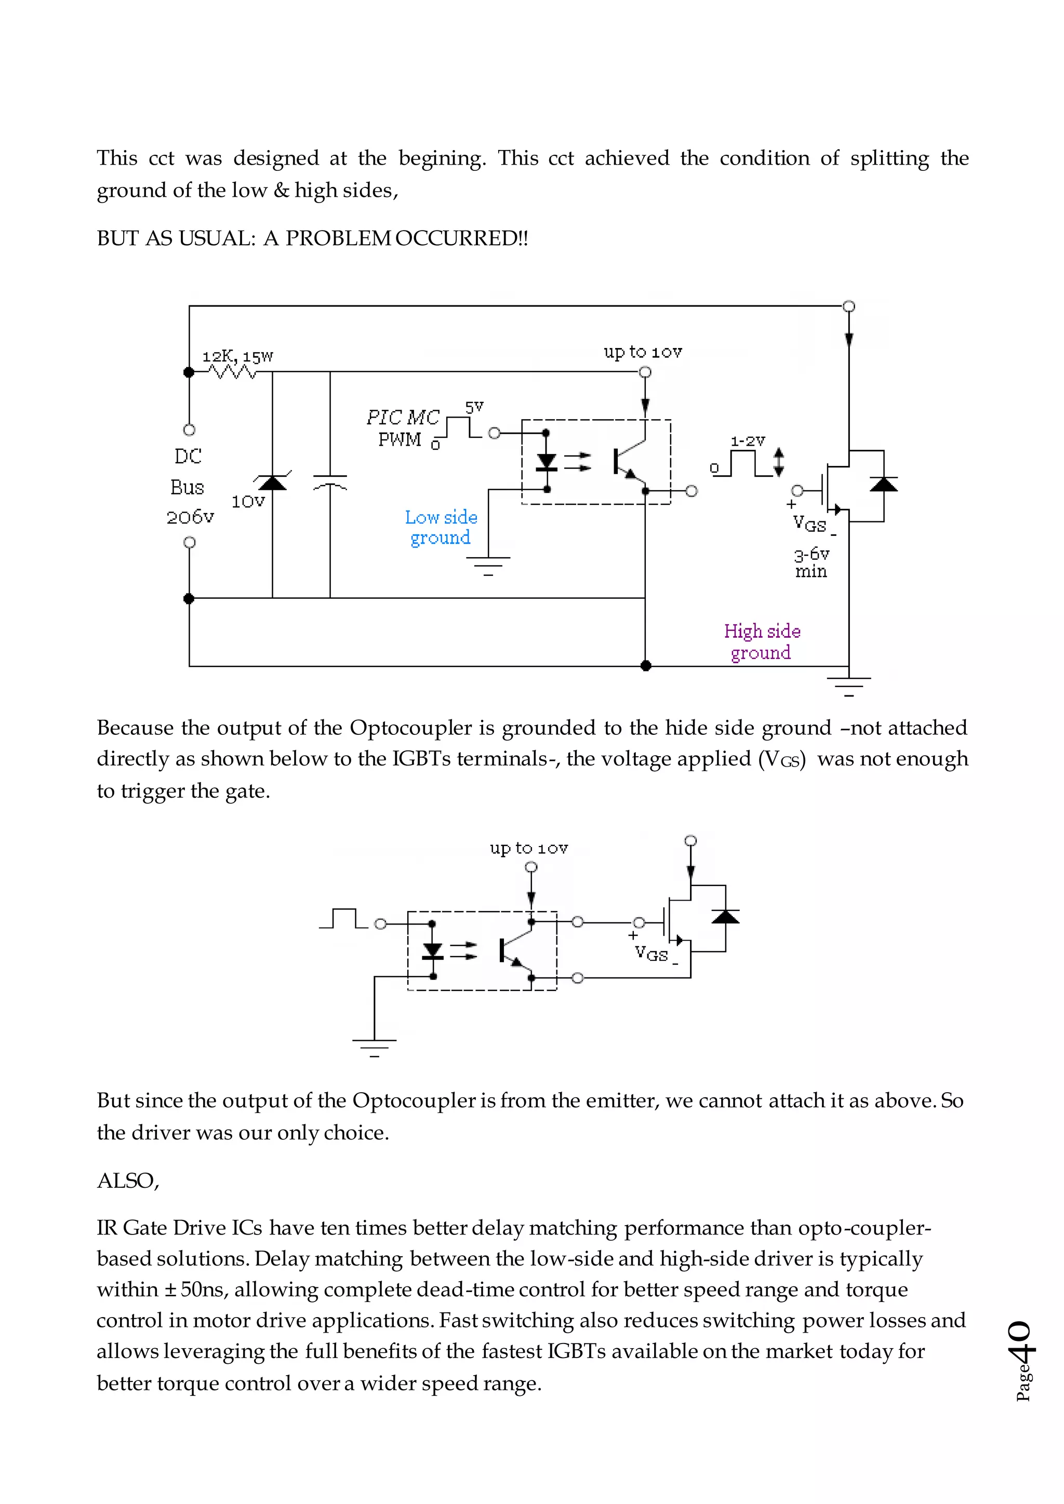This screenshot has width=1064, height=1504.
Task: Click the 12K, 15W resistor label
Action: [x=237, y=357]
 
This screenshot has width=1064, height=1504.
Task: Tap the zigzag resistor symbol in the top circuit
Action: [x=233, y=372]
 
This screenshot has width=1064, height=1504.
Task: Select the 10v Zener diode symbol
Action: [x=273, y=483]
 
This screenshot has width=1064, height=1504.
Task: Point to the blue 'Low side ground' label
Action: [x=441, y=527]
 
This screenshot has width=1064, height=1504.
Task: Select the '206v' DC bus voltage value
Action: [x=190, y=517]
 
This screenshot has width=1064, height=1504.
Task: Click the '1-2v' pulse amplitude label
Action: [x=748, y=441]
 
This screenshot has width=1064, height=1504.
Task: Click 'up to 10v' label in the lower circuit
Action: [x=529, y=848]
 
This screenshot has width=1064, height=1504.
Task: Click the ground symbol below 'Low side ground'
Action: [x=488, y=565]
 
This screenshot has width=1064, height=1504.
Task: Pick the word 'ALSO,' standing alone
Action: [x=128, y=1180]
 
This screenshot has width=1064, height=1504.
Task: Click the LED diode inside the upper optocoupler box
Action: [x=547, y=462]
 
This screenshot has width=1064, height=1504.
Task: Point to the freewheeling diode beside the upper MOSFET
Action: [x=883, y=485]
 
